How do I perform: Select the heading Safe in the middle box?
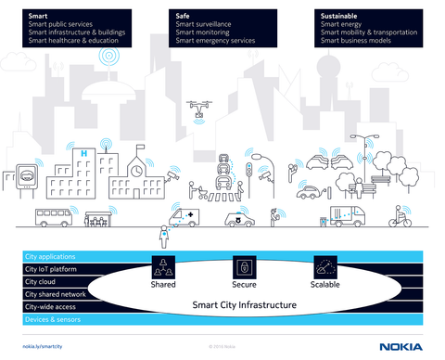point(184,16)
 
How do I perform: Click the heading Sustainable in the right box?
point(339,16)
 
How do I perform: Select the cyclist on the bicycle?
point(400,219)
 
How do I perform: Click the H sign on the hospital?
point(85,151)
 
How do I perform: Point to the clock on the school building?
point(136,170)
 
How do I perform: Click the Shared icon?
point(163,266)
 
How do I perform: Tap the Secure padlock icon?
point(244,266)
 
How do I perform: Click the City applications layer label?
point(50,256)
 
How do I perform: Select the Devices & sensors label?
point(53,318)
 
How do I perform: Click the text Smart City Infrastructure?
point(243,304)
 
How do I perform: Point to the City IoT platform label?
point(50,269)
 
